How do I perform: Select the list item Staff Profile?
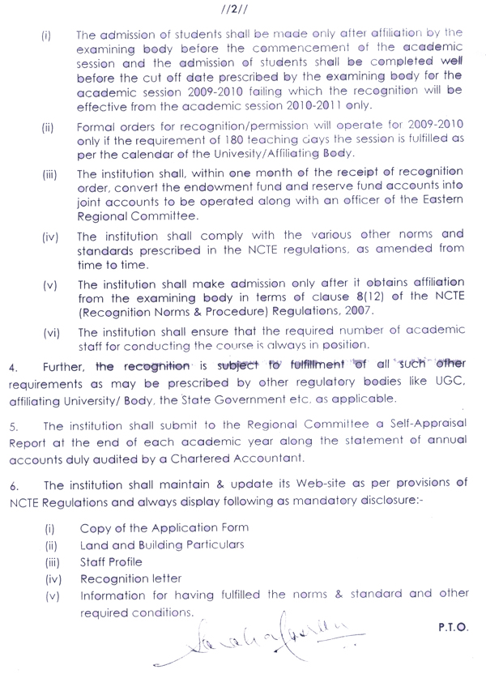coord(111,561)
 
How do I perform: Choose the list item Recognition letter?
coord(131,578)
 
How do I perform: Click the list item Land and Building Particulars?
coord(162,544)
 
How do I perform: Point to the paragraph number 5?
coord(13,425)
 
